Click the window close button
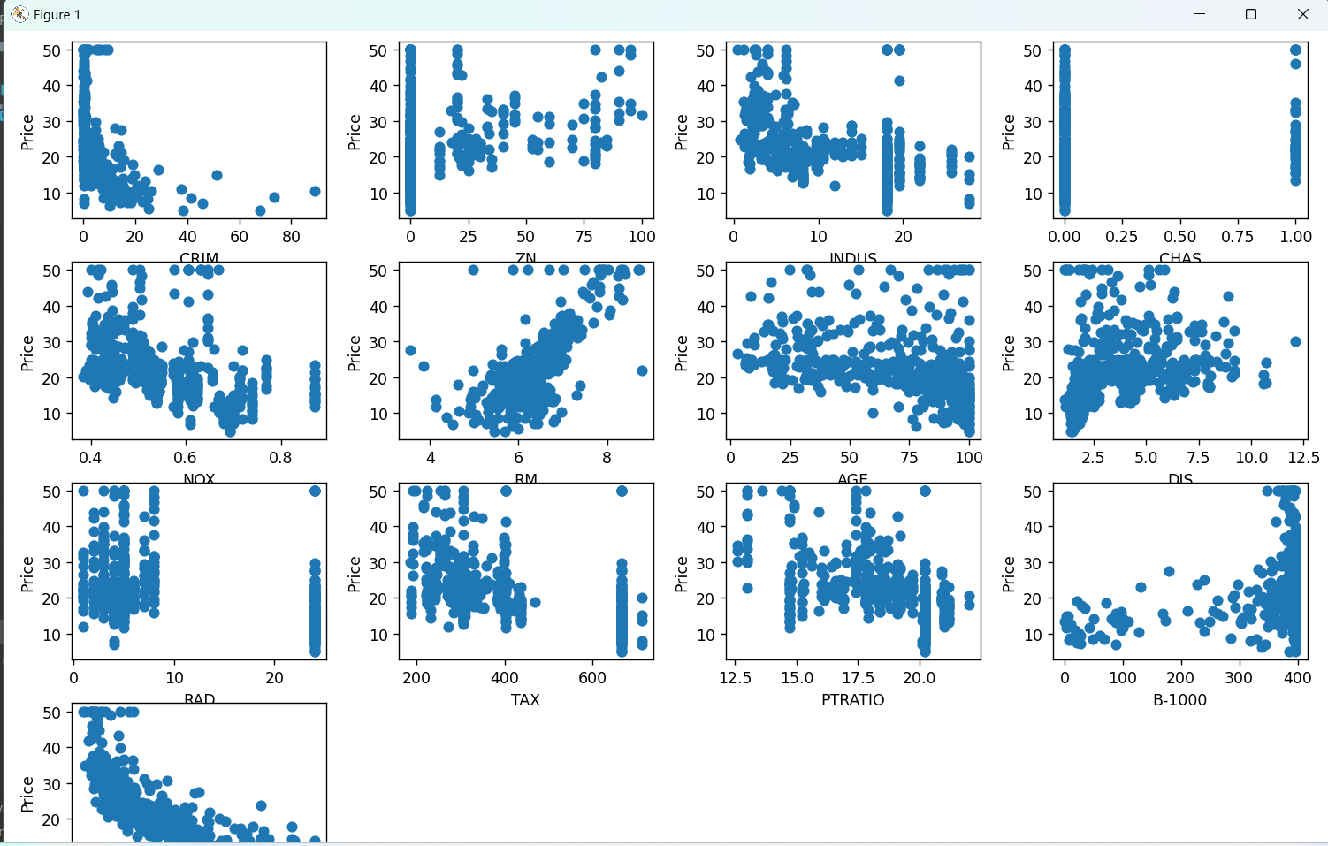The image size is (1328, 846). pos(1302,14)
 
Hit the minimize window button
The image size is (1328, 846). pos(1200,14)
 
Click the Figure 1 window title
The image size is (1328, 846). pos(57,15)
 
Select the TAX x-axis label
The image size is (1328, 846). pos(525,699)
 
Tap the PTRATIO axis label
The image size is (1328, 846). pos(852,699)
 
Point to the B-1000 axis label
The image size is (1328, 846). pos(1179,699)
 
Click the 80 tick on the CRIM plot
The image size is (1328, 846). pos(291,237)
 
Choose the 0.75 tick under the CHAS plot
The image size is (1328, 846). pos(1237,237)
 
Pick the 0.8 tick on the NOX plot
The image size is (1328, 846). pos(280,458)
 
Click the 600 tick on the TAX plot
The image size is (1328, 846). pos(592,678)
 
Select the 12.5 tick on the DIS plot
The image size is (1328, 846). pos(1303,458)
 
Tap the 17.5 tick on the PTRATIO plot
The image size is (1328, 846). pos(858,678)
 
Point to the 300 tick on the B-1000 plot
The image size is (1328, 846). pos(1239,678)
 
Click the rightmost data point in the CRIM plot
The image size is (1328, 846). pos(315,191)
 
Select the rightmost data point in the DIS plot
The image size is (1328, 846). pos(1295,341)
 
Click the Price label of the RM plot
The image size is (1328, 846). pos(355,353)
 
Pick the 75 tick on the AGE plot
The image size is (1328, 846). pos(909,458)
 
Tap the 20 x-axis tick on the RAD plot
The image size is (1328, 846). pos(274,678)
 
